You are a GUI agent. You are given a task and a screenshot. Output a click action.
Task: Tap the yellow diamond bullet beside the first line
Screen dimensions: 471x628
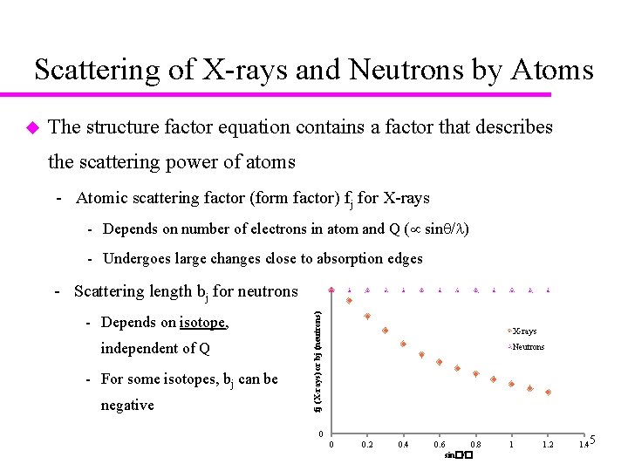32,128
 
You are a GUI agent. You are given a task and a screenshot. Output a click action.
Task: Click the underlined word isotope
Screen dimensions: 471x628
202,322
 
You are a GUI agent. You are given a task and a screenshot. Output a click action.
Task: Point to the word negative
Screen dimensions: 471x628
127,405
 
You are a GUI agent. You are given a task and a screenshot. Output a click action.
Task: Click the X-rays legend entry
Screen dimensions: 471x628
523,331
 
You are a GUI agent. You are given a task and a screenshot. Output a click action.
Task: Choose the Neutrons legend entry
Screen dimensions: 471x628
527,346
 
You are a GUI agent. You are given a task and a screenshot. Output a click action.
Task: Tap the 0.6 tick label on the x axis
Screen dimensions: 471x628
440,446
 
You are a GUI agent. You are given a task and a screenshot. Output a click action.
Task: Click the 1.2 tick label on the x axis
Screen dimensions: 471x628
548,446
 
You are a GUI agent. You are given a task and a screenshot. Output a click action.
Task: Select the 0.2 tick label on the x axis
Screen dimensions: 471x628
367,446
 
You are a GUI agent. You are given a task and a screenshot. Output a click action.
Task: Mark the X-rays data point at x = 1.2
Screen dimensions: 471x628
548,392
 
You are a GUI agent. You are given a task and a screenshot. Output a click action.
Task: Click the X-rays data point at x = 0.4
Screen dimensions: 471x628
403,344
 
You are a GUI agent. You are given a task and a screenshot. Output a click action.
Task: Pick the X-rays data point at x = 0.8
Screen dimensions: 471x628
475,373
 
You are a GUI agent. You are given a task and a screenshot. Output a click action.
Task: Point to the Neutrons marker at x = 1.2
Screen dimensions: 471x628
548,290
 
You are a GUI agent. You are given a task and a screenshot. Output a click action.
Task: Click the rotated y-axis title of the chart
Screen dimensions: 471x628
318,358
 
